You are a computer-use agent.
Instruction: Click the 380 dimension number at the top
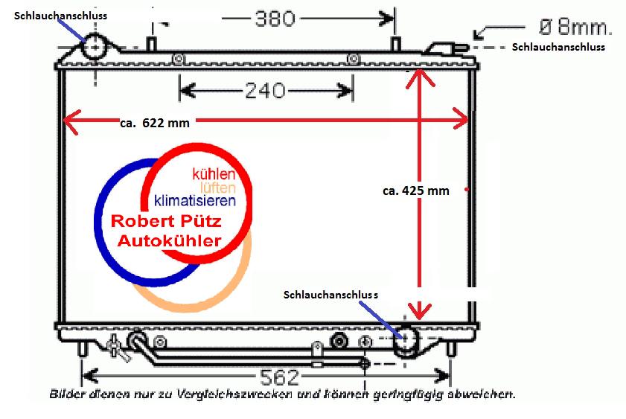275,17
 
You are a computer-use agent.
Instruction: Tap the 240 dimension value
265,91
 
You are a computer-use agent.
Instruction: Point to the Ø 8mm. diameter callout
575,28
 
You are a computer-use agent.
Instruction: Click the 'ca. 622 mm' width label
154,124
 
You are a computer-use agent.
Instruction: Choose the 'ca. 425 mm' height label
416,191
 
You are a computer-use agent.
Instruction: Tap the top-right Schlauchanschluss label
558,47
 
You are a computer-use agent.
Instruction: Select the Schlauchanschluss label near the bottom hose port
330,294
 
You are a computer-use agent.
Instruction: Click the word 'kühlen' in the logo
214,174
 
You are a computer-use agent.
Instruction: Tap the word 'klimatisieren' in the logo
195,201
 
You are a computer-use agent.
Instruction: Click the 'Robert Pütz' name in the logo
171,222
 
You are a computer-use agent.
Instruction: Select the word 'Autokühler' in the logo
170,241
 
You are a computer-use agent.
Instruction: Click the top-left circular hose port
95,48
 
